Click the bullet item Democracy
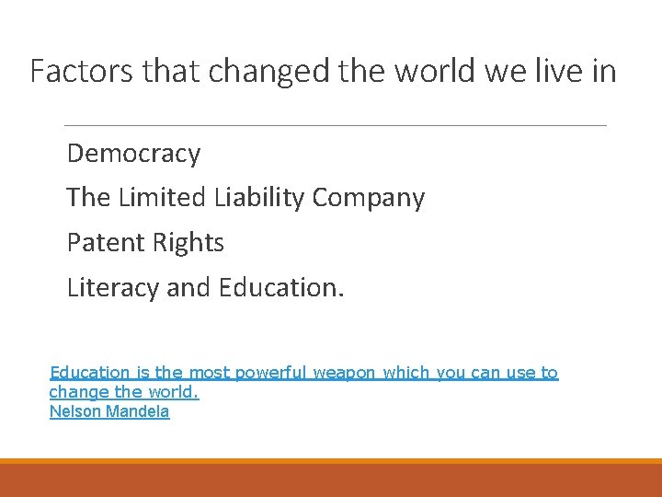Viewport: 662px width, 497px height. pos(133,153)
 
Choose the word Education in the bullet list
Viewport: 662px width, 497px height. pos(281,288)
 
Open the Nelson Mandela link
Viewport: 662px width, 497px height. pos(108,411)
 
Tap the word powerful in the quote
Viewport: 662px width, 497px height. pos(271,373)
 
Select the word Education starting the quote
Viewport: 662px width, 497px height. pos(89,373)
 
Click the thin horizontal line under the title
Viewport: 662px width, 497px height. pos(335,125)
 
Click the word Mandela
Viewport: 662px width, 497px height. pos(138,411)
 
